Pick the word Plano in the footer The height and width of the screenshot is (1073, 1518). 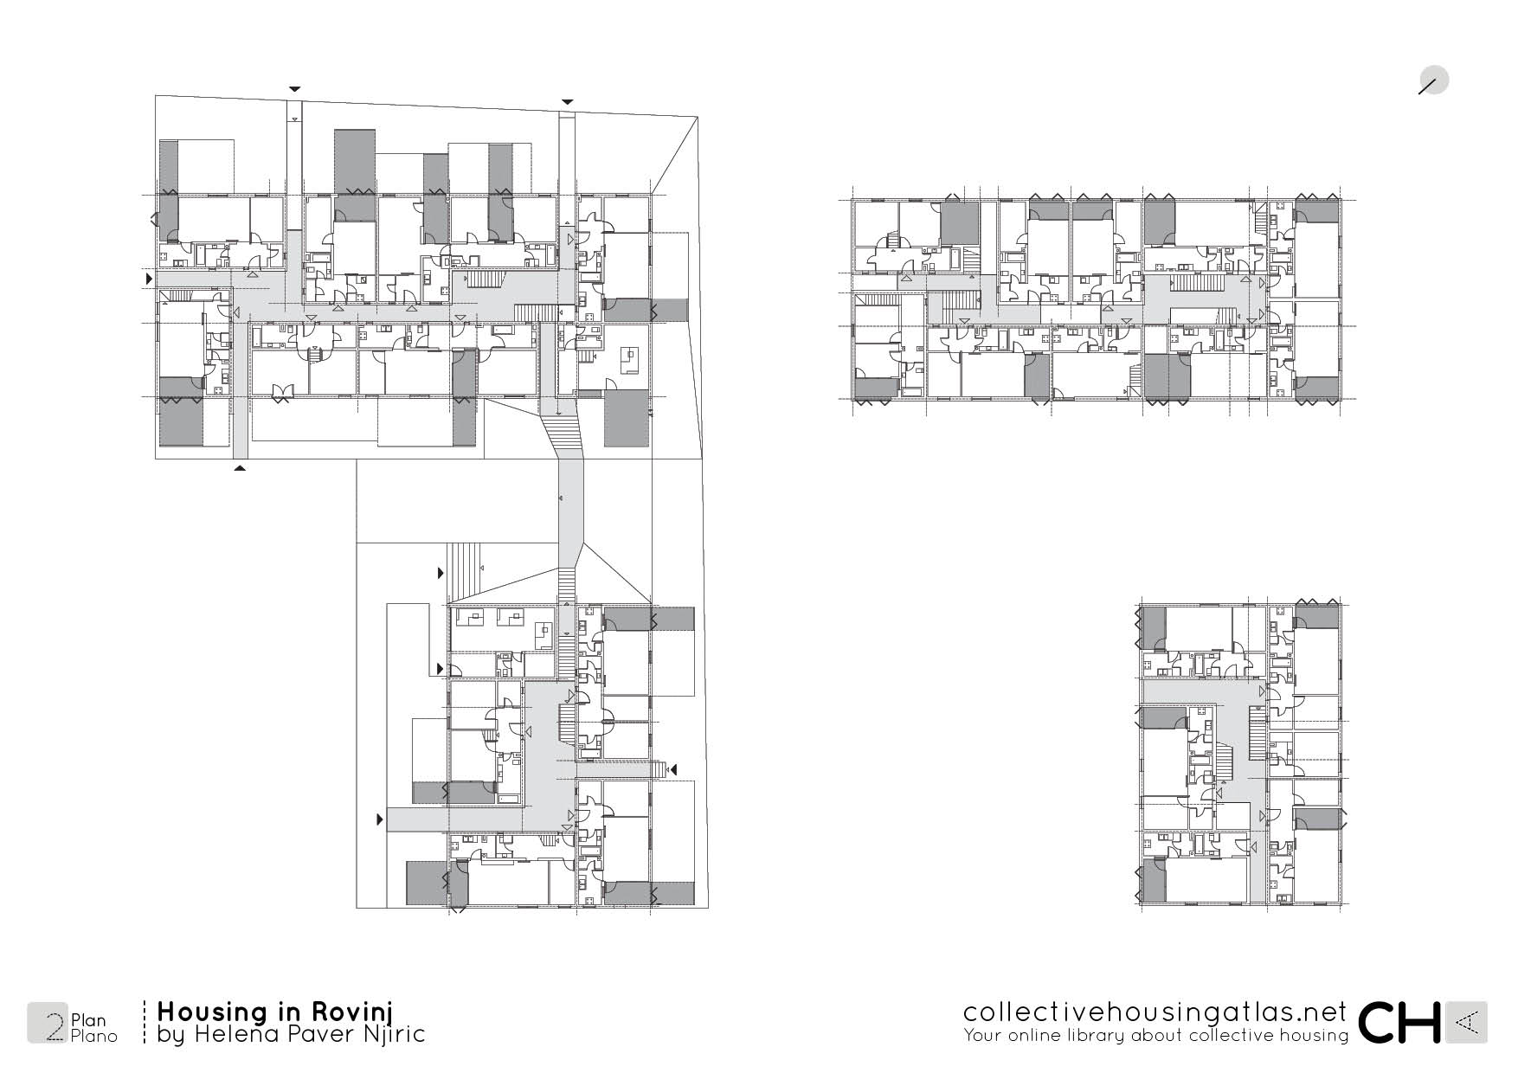click(94, 1037)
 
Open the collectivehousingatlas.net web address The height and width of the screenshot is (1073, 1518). click(1155, 1012)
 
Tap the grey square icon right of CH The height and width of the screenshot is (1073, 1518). click(1467, 1023)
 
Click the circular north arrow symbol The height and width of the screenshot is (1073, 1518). click(1434, 81)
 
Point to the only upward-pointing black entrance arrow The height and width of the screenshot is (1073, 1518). click(240, 468)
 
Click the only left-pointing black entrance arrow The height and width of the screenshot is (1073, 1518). click(673, 769)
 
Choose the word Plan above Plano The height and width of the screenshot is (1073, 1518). click(88, 1021)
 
